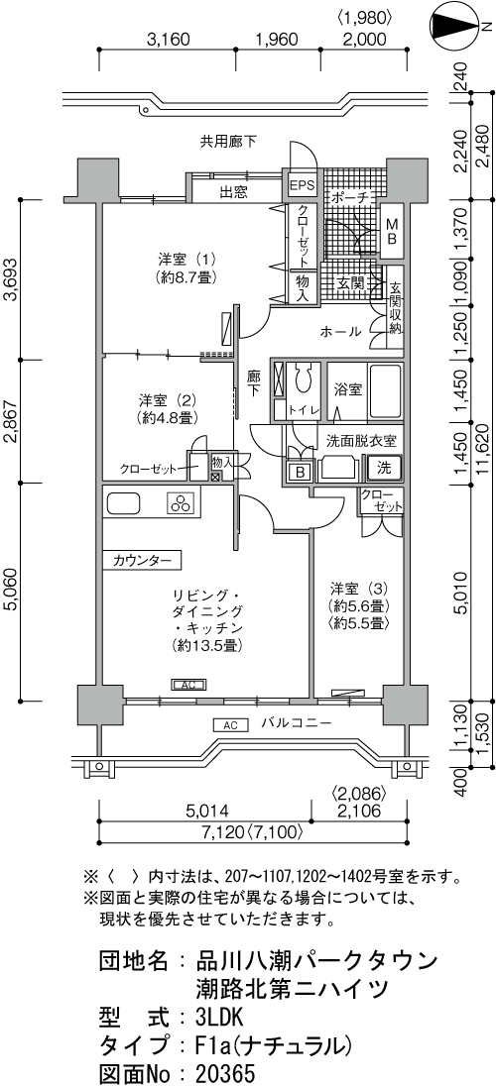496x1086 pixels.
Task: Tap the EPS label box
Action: [x=302, y=185]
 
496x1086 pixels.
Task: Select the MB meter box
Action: [x=392, y=231]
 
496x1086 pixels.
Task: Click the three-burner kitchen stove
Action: [x=182, y=503]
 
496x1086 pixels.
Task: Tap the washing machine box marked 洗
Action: [x=384, y=468]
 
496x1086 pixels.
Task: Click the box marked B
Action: [x=301, y=473]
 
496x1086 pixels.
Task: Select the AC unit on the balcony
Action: [x=231, y=725]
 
